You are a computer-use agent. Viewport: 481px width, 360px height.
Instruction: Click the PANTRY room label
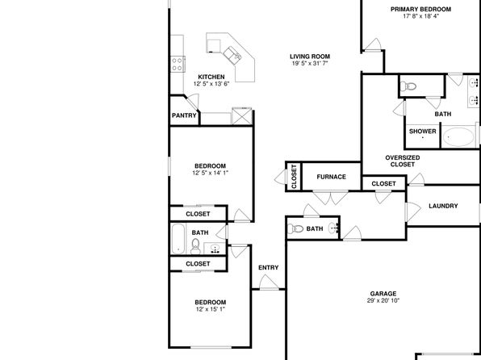tap(184, 115)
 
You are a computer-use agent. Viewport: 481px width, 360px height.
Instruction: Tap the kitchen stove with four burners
tap(178, 64)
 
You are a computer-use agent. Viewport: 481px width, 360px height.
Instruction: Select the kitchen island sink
tap(232, 55)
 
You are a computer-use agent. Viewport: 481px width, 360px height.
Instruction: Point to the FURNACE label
tap(332, 177)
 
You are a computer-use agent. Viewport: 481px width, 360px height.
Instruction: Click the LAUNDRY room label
tap(443, 206)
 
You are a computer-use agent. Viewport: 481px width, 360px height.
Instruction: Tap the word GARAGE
tap(383, 294)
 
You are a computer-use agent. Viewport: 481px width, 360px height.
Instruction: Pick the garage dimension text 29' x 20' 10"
tap(383, 300)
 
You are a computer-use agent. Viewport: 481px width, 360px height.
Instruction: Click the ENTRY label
tap(269, 268)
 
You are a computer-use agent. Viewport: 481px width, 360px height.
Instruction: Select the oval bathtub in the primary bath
tap(459, 137)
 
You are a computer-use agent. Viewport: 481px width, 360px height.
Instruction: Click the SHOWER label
tap(422, 132)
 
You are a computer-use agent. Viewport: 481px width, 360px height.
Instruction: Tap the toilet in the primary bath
tap(408, 86)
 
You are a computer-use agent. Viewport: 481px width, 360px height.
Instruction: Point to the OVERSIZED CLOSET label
tap(403, 161)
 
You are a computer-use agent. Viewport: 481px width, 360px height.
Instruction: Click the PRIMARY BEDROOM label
tap(421, 10)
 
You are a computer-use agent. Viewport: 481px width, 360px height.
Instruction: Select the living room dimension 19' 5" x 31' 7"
tap(310, 64)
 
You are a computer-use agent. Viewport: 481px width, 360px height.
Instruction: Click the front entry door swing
tap(269, 283)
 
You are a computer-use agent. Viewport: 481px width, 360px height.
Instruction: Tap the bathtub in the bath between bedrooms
tap(178, 239)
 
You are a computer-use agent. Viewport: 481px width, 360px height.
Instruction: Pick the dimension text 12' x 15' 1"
tap(211, 309)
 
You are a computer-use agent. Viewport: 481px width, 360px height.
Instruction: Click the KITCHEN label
tap(211, 77)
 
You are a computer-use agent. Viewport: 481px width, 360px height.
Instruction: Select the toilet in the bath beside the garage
tap(295, 228)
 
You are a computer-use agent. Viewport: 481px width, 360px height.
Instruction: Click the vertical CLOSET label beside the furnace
tap(295, 177)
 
